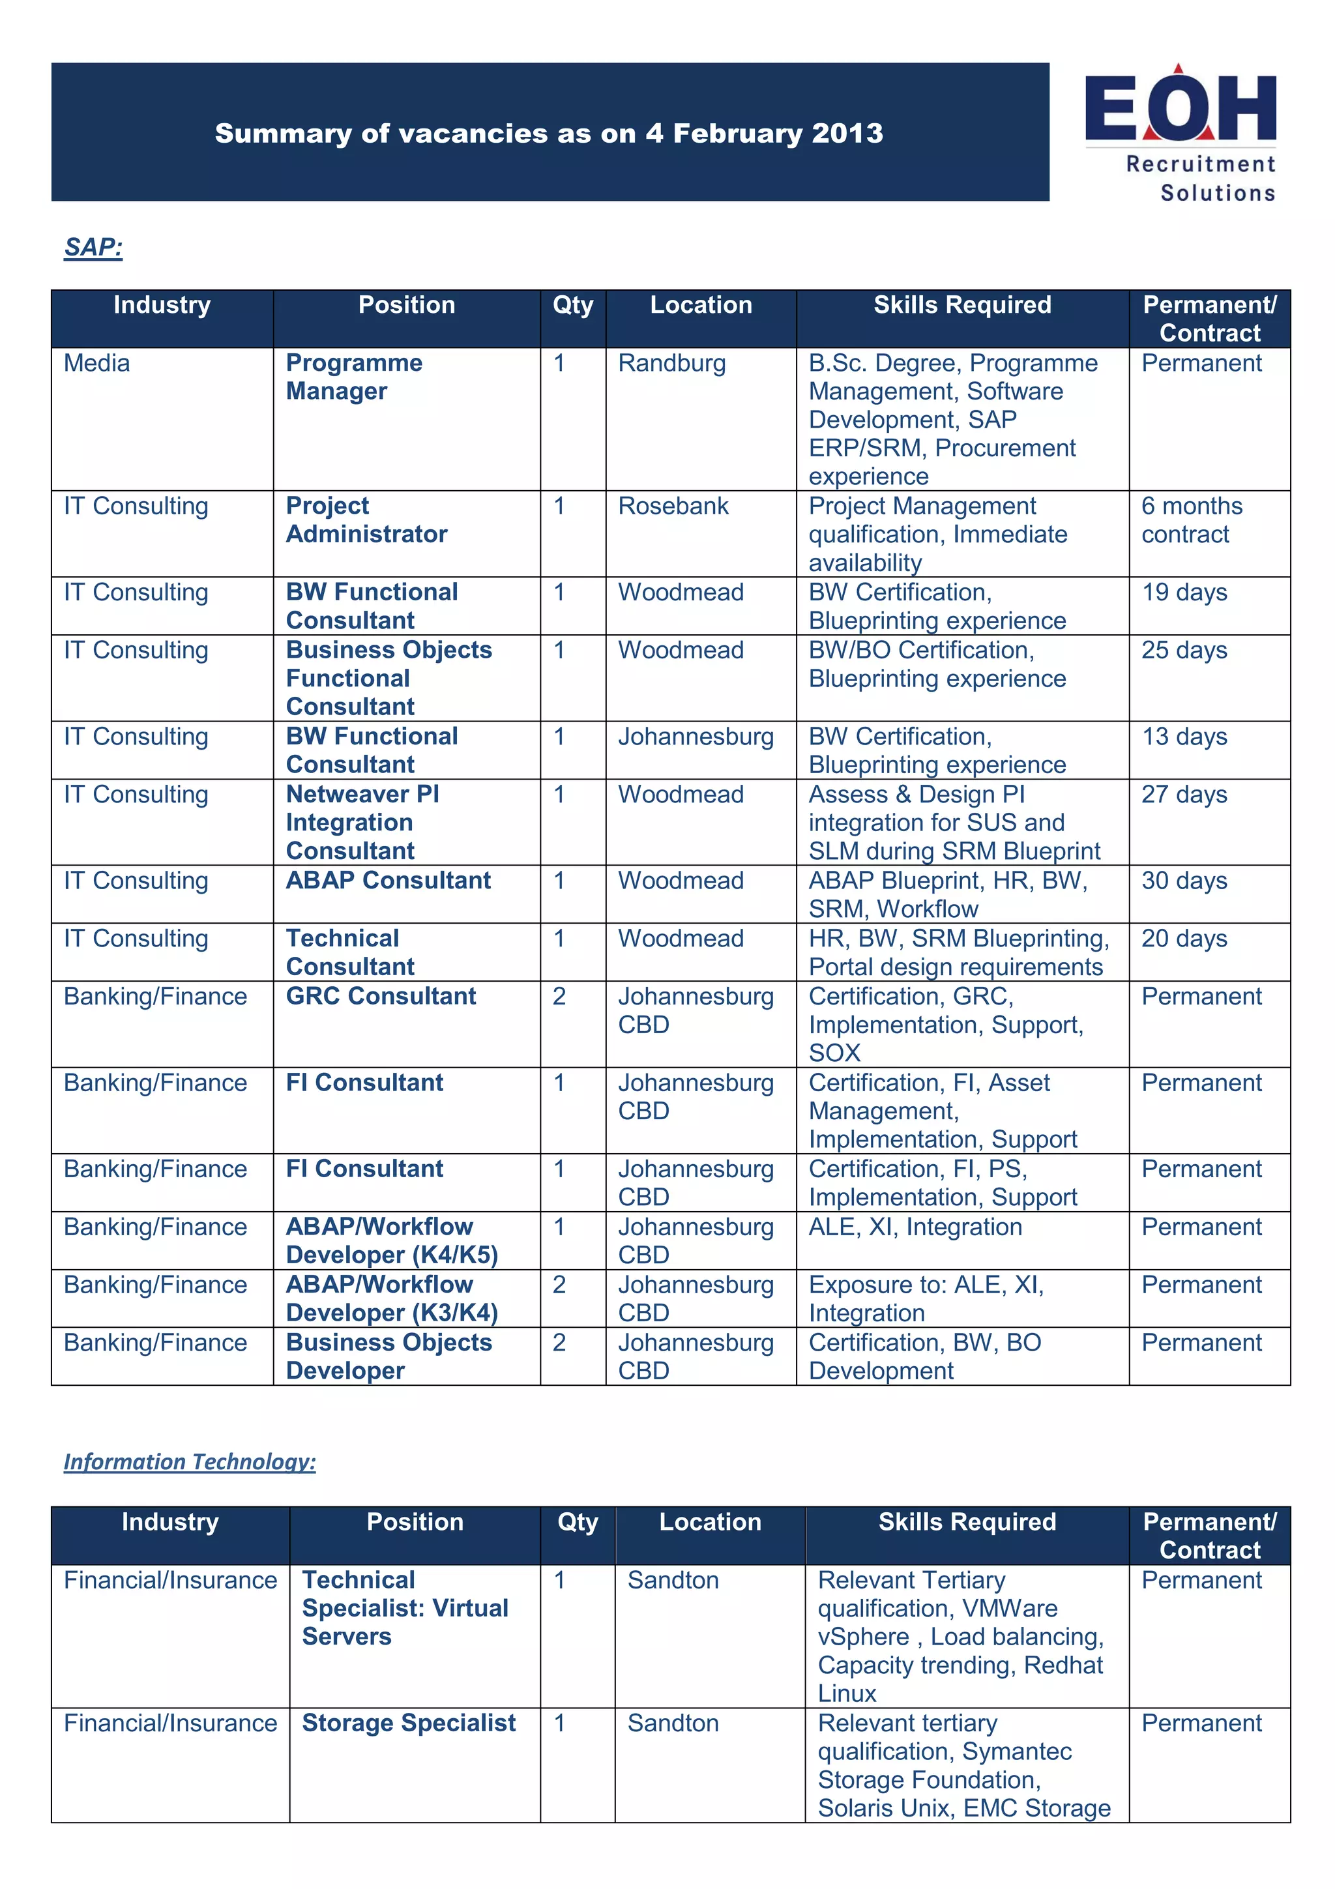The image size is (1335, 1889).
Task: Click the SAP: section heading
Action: (x=93, y=247)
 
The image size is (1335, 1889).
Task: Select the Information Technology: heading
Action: (x=189, y=1461)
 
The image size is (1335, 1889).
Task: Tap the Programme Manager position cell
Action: (x=354, y=377)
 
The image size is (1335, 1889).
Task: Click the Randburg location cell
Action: (x=672, y=363)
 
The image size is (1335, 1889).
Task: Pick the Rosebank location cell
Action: (x=673, y=506)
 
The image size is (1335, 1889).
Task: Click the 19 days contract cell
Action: (x=1184, y=593)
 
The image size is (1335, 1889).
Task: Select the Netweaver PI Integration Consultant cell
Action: (x=362, y=822)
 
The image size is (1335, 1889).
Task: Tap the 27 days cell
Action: (x=1184, y=795)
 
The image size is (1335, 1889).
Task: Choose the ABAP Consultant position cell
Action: (x=389, y=881)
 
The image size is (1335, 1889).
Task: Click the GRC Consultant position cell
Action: (x=381, y=997)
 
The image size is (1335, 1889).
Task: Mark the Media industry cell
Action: (x=97, y=363)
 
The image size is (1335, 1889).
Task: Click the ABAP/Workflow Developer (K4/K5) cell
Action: (x=392, y=1240)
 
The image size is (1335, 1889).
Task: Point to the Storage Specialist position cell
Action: (x=409, y=1723)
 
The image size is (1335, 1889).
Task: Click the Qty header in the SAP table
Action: (x=572, y=305)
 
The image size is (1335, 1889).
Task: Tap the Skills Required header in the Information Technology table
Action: (x=967, y=1522)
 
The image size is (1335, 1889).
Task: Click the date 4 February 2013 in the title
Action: (x=764, y=133)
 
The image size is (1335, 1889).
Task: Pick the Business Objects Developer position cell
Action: (x=389, y=1356)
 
